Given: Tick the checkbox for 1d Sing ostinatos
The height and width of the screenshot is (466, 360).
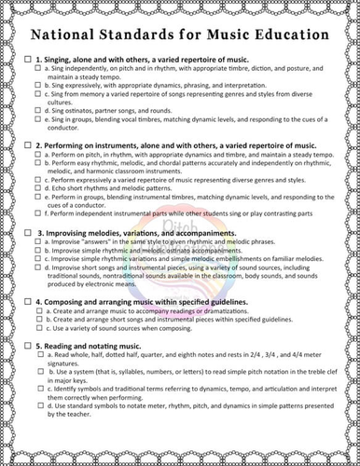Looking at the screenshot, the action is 38,110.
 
